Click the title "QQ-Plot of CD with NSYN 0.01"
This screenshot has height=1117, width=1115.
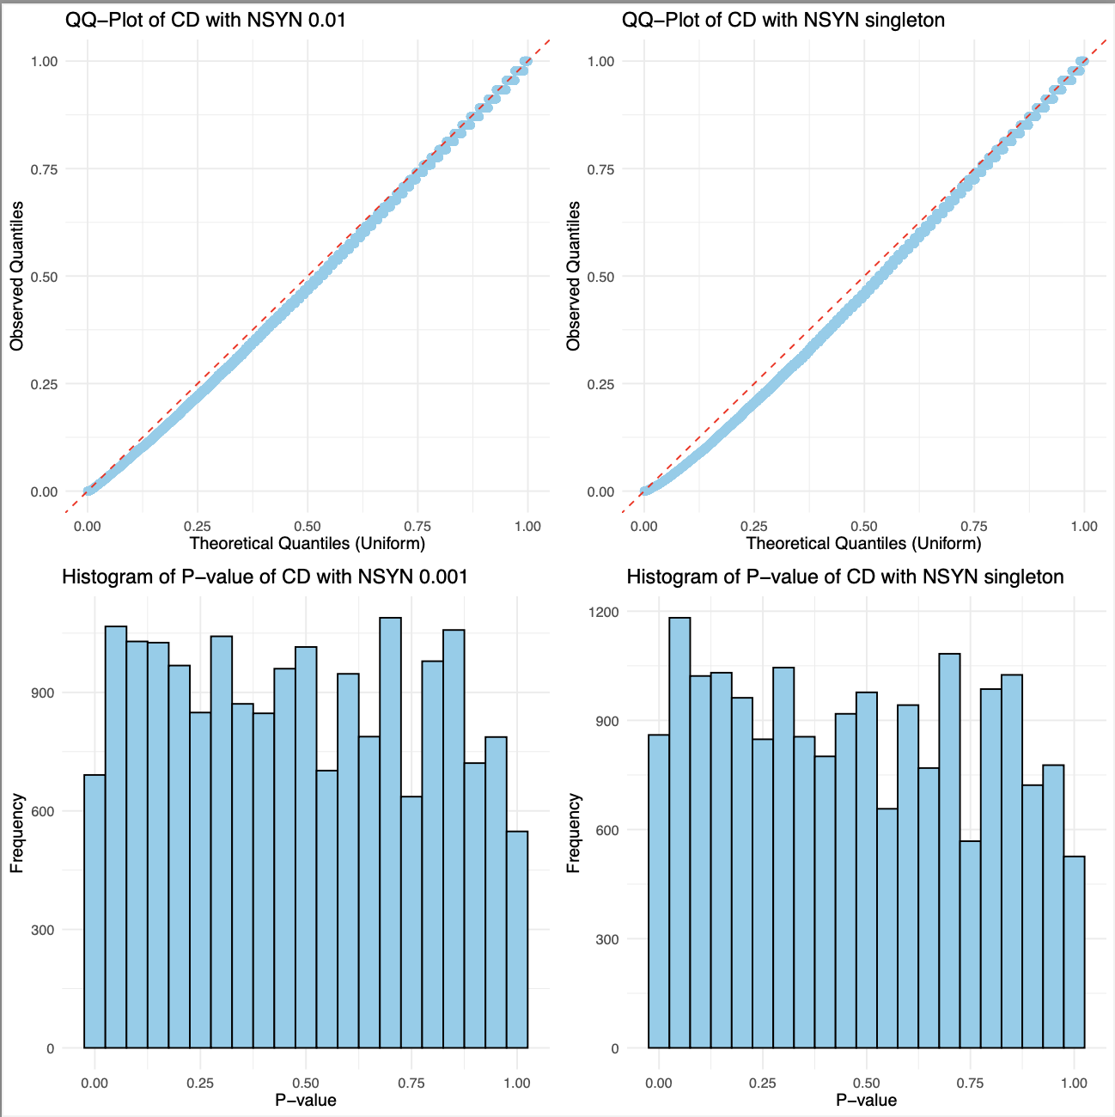tap(205, 19)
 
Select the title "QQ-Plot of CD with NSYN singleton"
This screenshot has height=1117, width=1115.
tap(783, 19)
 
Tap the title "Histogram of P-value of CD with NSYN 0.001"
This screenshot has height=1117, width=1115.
tap(265, 577)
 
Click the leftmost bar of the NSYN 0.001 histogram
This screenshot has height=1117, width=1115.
tap(94, 911)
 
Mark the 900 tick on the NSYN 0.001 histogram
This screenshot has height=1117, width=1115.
tap(42, 693)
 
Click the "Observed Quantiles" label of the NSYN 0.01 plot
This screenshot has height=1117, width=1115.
tap(17, 276)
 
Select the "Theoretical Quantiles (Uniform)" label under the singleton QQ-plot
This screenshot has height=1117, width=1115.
tap(863, 543)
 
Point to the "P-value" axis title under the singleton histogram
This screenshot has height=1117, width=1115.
tap(866, 1100)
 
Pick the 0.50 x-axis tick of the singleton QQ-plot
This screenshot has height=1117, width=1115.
tap(864, 526)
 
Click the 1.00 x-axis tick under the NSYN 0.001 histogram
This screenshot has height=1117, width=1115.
tap(517, 1083)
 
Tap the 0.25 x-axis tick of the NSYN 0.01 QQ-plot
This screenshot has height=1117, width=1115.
tap(198, 526)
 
